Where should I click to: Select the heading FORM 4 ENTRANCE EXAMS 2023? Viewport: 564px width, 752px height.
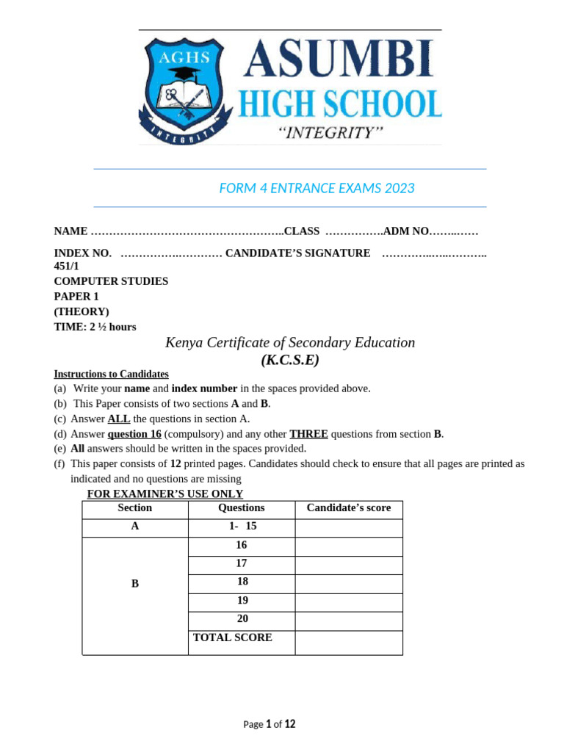pyautogui.click(x=317, y=188)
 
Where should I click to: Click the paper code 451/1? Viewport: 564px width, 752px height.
pyautogui.click(x=67, y=266)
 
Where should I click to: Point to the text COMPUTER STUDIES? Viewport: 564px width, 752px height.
pyautogui.click(x=111, y=281)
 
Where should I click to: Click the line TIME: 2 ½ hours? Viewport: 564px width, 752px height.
pyautogui.click(x=95, y=327)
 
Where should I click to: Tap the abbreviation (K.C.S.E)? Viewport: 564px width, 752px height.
pyautogui.click(x=290, y=360)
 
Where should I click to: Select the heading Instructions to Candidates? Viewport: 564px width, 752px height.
pyautogui.click(x=111, y=374)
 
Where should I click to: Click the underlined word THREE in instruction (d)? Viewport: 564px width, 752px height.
pyautogui.click(x=308, y=434)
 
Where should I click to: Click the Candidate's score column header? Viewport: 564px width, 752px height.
pyautogui.click(x=349, y=508)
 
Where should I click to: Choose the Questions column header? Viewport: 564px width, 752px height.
pyautogui.click(x=242, y=508)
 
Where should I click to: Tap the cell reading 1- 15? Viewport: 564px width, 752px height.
pyautogui.click(x=242, y=527)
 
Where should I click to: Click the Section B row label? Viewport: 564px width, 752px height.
pyautogui.click(x=135, y=584)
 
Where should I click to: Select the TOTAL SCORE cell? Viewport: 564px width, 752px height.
pyautogui.click(x=233, y=637)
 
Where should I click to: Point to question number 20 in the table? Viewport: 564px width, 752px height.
pyautogui.click(x=242, y=619)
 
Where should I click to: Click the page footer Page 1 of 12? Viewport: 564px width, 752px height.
pyautogui.click(x=270, y=724)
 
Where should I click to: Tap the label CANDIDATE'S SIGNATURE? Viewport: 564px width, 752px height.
pyautogui.click(x=297, y=253)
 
